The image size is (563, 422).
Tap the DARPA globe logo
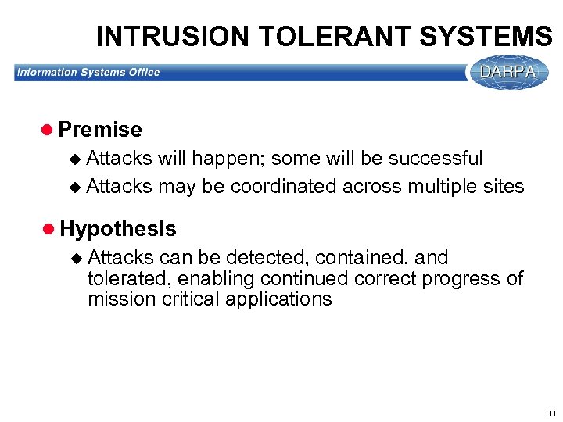pos(508,72)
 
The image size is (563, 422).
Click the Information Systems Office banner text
pos(88,73)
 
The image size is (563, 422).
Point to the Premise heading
pos(100,130)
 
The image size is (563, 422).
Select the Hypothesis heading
pos(117,229)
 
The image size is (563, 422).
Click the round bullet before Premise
pos(48,130)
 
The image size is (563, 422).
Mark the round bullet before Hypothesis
pos(48,229)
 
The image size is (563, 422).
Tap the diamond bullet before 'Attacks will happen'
pos(75,159)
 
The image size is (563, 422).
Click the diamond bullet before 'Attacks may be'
pos(75,187)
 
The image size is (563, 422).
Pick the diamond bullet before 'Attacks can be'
pos(75,258)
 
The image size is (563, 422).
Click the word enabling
pos(218,279)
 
